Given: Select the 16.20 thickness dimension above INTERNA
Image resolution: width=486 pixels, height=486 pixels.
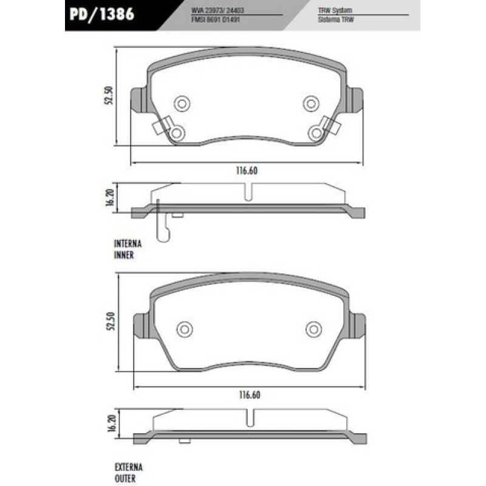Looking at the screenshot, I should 110,199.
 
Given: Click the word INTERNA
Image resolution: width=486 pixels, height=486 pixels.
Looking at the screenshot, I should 128,244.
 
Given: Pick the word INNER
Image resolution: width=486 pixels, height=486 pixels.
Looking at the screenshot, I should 124,256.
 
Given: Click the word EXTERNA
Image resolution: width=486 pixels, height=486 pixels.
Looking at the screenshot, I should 128,467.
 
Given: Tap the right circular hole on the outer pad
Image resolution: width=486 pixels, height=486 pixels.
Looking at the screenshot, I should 313,329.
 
